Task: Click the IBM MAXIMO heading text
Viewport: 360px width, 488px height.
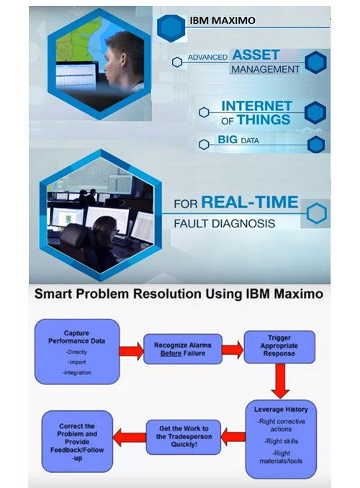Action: point(222,21)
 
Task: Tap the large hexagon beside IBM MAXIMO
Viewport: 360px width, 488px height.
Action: point(171,28)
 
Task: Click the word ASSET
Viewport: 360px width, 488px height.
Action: point(256,55)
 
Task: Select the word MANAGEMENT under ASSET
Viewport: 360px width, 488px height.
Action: point(266,69)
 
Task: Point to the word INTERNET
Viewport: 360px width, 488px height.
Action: point(256,106)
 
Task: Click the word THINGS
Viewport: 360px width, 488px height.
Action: point(264,119)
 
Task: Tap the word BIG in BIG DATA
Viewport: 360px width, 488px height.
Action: point(228,140)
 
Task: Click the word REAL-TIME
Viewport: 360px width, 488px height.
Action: point(250,202)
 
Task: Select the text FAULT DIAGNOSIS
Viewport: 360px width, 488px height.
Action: point(224,223)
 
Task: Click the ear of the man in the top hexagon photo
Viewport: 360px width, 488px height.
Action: point(122,59)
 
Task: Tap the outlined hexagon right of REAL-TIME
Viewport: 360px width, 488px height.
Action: point(316,214)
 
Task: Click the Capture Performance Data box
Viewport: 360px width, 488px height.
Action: point(77,351)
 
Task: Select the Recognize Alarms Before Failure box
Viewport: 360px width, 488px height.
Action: point(183,349)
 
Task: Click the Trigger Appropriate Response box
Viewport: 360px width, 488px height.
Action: point(279,347)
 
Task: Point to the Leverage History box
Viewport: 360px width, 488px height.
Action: point(281,439)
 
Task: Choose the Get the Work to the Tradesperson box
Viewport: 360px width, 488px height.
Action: point(184,437)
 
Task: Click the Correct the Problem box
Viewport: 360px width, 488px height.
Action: point(77,441)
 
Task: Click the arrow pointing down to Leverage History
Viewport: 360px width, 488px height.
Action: point(280,381)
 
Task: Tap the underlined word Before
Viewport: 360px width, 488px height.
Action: point(171,353)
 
